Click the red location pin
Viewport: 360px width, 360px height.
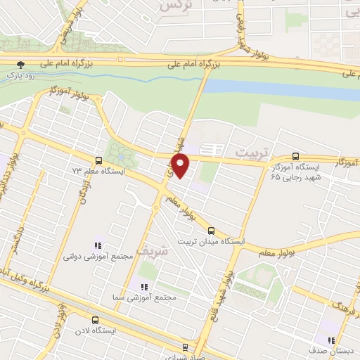click(x=181, y=167)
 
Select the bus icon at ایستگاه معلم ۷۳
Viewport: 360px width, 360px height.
click(x=98, y=160)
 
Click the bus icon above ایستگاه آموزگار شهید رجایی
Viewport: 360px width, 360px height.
click(x=295, y=157)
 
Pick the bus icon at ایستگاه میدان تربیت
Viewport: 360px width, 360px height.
click(x=211, y=231)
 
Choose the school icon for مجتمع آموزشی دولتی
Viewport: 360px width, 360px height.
click(x=98, y=245)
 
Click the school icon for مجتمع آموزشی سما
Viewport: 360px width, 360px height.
click(x=144, y=287)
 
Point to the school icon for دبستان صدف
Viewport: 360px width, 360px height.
click(x=330, y=340)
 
